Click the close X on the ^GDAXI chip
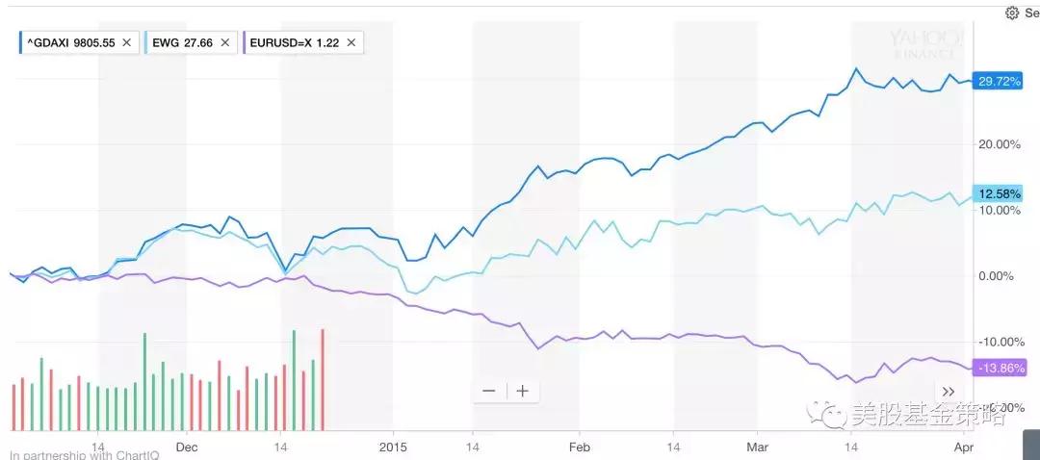coord(126,42)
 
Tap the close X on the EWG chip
coord(224,42)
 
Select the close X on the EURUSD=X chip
coord(351,42)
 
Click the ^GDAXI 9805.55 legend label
coord(70,42)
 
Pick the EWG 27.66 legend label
coord(182,42)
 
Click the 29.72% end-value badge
coord(998,81)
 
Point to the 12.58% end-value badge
coord(998,192)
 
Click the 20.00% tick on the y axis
coord(1000,144)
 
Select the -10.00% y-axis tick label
coord(1000,342)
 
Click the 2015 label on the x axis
coord(393,447)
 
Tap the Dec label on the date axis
coord(186,447)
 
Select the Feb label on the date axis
coord(579,447)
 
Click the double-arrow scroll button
coord(949,392)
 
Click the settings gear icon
coord(1011,13)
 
